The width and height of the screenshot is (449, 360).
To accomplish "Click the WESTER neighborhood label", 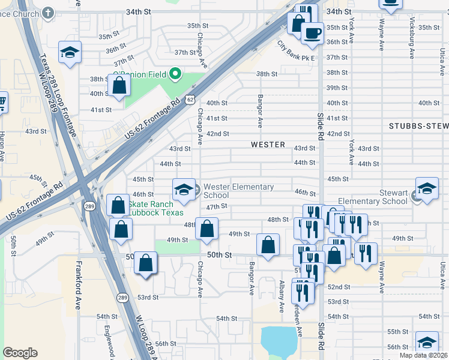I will pos(268,145).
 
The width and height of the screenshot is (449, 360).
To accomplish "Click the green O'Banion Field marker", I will pos(175,75).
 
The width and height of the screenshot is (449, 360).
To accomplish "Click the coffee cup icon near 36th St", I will pos(312,34).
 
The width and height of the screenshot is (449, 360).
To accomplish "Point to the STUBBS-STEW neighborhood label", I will pos(418,126).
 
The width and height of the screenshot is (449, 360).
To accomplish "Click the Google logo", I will pos(20,353).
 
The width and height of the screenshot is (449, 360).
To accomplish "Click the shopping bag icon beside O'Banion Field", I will pos(119,85).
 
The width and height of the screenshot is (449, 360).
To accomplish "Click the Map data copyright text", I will pos(423,355).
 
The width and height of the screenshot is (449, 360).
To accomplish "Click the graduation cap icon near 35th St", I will pos(70,52).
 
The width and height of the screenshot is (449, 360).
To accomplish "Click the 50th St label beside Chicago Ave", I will pos(220,255).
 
